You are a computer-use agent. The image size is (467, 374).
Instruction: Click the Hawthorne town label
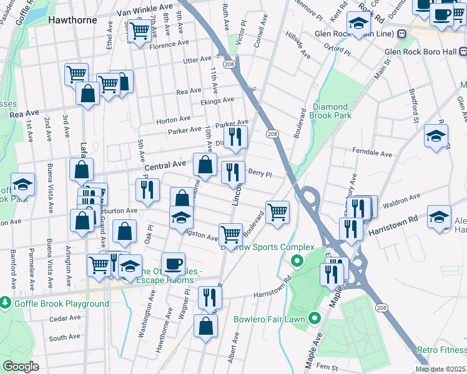(72, 20)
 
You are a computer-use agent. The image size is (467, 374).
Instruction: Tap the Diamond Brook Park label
(332, 110)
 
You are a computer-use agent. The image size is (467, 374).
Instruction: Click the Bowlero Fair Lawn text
(269, 320)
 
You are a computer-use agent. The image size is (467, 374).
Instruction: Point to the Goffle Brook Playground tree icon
(6, 303)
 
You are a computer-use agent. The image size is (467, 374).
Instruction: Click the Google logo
(21, 367)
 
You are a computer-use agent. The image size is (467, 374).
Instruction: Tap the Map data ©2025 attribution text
(441, 369)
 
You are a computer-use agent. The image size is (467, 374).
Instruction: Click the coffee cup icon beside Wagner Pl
(173, 263)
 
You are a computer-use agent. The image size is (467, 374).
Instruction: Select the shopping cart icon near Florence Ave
(139, 30)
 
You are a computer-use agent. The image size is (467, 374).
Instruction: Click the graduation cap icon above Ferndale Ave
(436, 135)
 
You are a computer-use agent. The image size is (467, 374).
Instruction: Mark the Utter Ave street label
(197, 59)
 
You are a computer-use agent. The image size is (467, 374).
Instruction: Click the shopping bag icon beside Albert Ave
(206, 325)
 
